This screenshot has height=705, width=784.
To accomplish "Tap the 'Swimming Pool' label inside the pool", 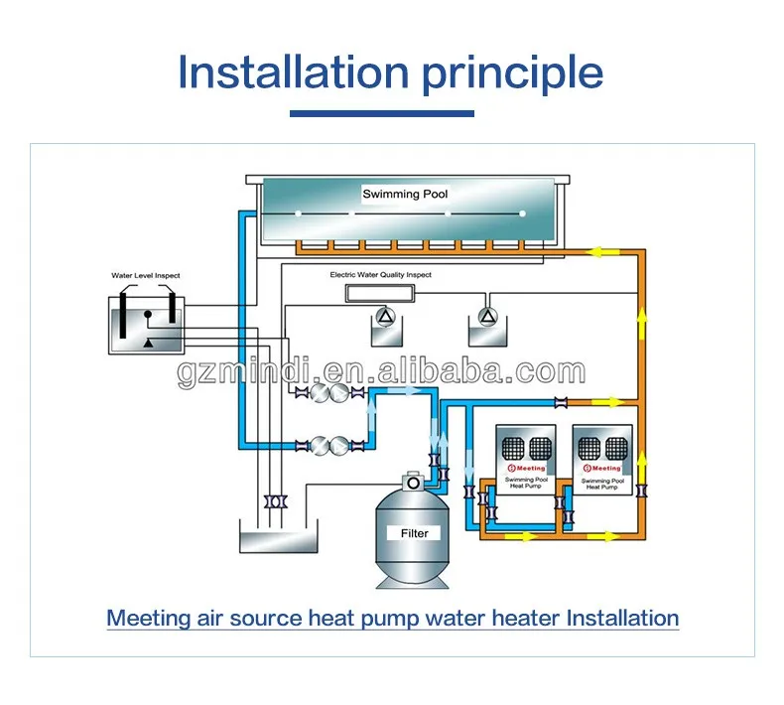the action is (x=405, y=195).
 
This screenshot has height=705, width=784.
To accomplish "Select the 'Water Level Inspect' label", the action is (x=145, y=275).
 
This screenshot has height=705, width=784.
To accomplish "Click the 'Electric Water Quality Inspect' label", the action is (x=381, y=274).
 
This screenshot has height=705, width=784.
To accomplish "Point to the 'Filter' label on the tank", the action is (x=414, y=533).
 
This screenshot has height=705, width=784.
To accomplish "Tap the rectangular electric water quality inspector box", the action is (x=381, y=293).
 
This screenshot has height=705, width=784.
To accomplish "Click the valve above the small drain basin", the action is (x=274, y=502).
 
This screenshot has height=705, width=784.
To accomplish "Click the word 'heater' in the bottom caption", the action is (x=525, y=618).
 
